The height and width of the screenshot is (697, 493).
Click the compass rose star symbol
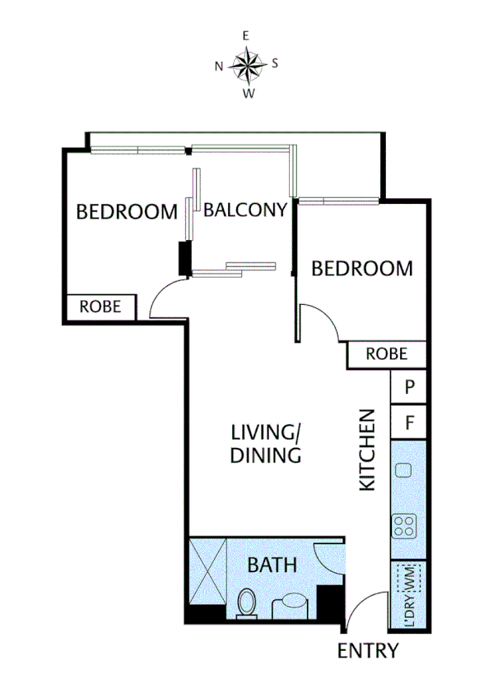(246, 64)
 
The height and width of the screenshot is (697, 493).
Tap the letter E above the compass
(245, 35)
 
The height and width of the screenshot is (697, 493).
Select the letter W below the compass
(247, 93)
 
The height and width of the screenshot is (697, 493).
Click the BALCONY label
(244, 210)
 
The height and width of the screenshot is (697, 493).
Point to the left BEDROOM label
(126, 211)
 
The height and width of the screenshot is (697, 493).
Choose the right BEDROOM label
(361, 268)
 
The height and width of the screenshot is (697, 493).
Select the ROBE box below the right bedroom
(386, 354)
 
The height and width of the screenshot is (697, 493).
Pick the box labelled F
(408, 423)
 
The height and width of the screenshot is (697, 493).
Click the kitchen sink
(402, 470)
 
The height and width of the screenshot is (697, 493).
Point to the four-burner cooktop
(403, 525)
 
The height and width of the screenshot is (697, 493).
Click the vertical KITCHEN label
(367, 450)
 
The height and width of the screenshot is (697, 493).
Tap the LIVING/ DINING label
(264, 443)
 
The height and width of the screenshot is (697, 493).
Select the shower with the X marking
(207, 571)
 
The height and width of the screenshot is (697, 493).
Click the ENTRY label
(368, 651)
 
